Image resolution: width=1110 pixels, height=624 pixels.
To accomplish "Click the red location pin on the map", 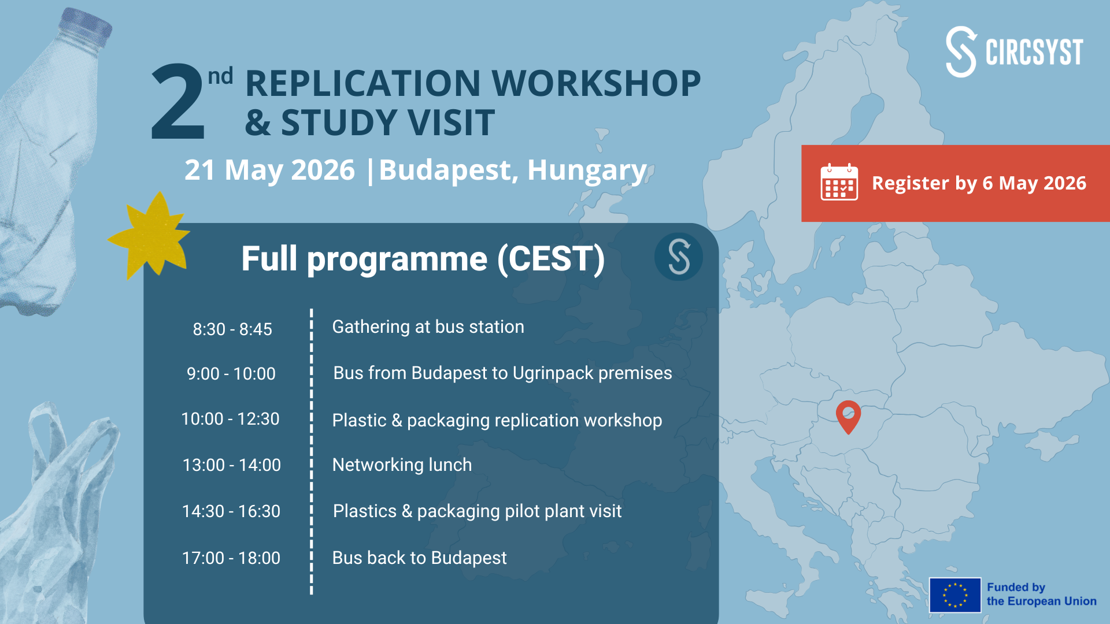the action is point(848,416).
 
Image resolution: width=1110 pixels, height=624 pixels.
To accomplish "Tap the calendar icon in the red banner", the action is point(839,182).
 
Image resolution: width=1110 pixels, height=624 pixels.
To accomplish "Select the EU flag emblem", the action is point(955,595).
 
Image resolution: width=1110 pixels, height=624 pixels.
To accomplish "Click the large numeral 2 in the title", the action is point(177,102).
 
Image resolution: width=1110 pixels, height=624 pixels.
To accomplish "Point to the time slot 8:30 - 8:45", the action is point(232,329).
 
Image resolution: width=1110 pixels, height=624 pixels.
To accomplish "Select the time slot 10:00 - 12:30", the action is point(230,419).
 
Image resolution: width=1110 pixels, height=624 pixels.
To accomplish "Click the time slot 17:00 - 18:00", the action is point(231,558).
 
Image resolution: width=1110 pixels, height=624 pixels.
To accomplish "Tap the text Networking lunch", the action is point(402,465).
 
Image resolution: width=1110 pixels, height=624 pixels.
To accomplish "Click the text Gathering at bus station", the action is point(428,327).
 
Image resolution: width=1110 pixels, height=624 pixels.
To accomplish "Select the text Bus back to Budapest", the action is point(419,558).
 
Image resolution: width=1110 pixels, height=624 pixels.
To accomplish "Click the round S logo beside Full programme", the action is point(679,257).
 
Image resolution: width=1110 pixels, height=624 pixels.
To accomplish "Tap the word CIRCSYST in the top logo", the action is point(1034,53).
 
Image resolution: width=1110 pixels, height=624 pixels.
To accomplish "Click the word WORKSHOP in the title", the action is point(596,83).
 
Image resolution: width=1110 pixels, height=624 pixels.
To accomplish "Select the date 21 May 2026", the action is point(269,170).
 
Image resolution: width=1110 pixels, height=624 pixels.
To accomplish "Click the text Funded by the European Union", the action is point(1041,595).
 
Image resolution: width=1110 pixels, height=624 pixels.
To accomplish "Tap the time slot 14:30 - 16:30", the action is point(231,511).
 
